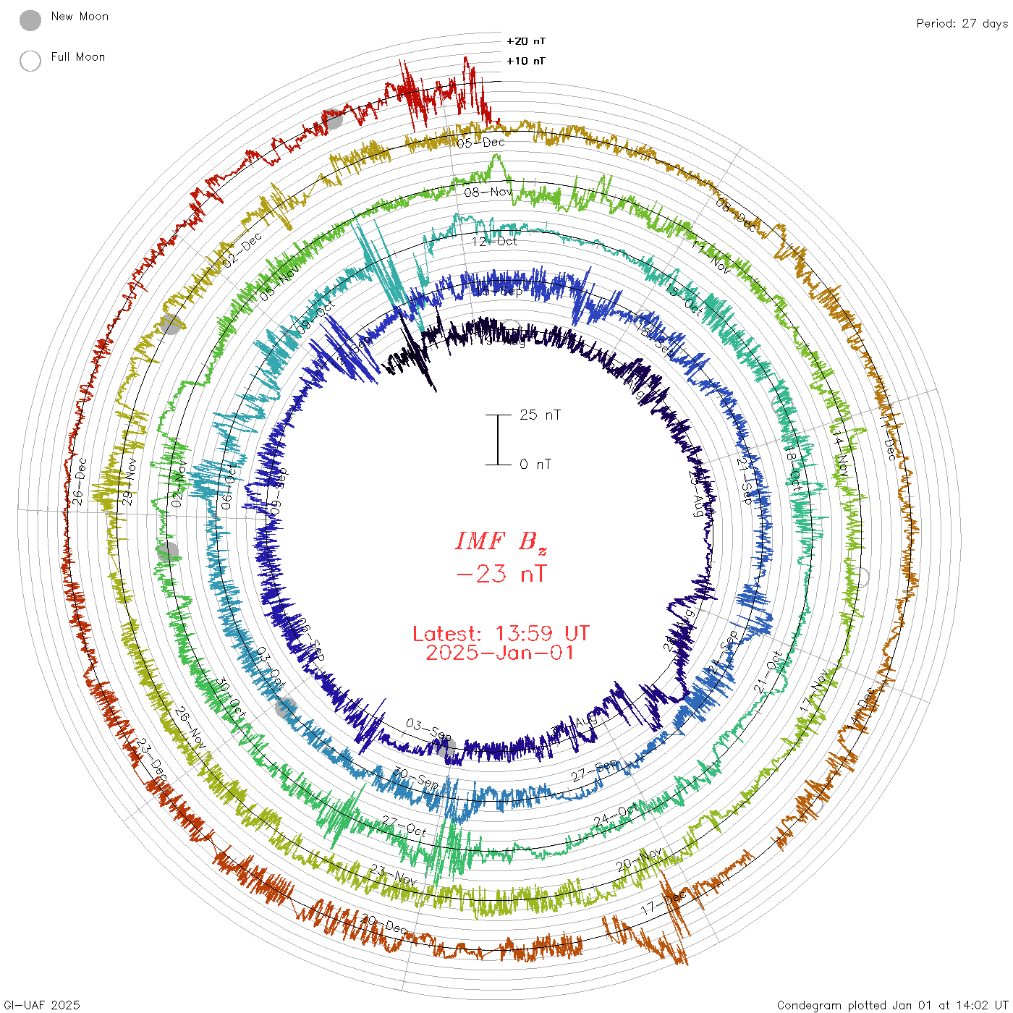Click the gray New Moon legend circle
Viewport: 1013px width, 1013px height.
30,21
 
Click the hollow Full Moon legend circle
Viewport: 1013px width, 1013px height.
30,61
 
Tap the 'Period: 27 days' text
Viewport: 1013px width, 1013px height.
962,24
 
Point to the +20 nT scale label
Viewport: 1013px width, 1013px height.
526,41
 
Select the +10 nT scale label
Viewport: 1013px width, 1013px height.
526,61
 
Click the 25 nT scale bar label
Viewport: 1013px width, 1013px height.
540,415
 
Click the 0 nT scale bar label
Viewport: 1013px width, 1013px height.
535,464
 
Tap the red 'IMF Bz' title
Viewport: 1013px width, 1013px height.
501,541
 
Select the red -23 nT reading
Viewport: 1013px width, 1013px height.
501,574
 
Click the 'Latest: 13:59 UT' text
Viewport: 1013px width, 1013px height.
501,634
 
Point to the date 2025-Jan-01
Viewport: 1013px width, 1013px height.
500,653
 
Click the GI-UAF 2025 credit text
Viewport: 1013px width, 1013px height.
41,1005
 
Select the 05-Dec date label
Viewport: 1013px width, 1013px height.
480,143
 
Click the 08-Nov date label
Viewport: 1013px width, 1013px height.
488,192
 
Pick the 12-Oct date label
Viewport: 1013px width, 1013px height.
494,241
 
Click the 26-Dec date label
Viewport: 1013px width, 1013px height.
79,480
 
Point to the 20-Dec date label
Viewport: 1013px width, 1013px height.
384,924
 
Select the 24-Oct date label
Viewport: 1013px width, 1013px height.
616,813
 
